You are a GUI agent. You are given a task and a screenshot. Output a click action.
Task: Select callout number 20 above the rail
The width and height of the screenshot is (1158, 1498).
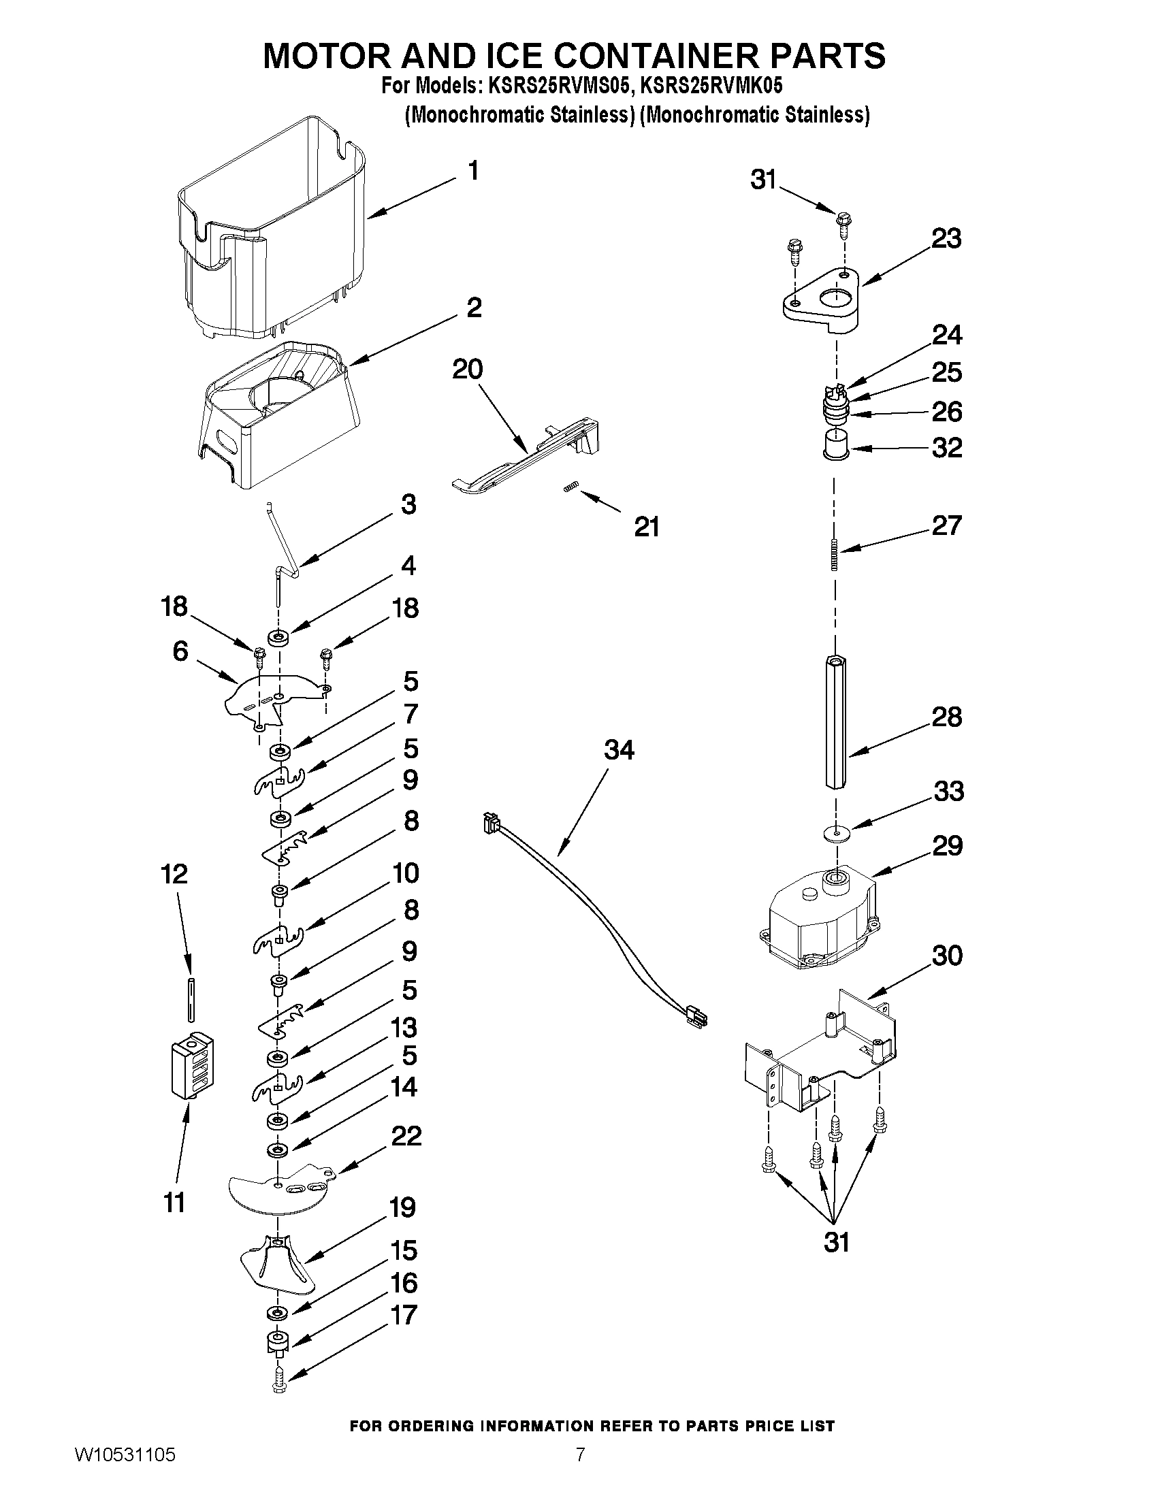tap(467, 370)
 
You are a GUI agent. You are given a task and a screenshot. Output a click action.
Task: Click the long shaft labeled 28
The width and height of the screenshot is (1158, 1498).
tap(835, 723)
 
